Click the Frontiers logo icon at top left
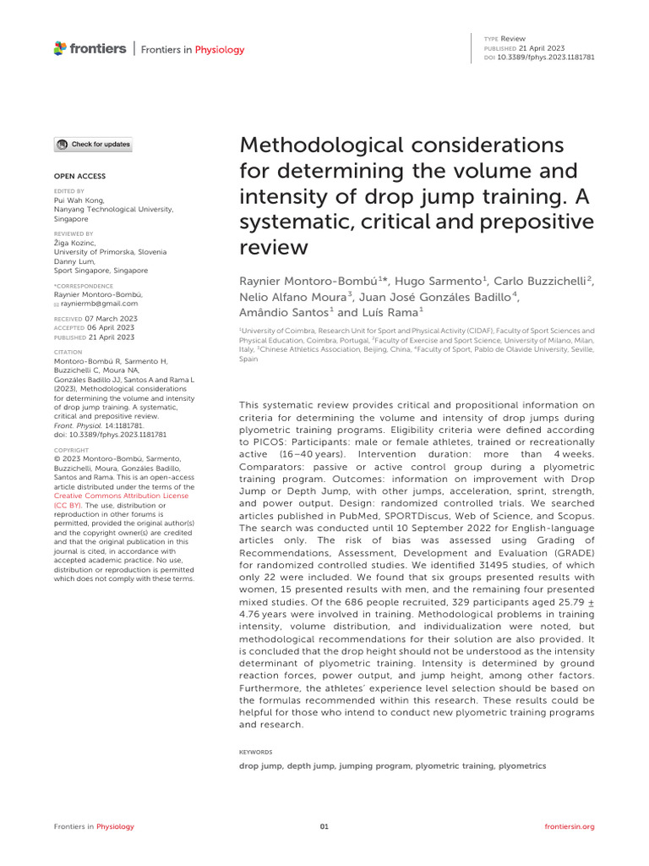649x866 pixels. click(x=61, y=49)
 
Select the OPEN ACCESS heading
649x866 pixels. click(x=74, y=177)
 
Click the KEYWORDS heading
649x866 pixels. click(x=257, y=750)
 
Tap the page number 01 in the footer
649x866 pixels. click(x=324, y=826)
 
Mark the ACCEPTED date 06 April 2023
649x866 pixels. click(x=106, y=327)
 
